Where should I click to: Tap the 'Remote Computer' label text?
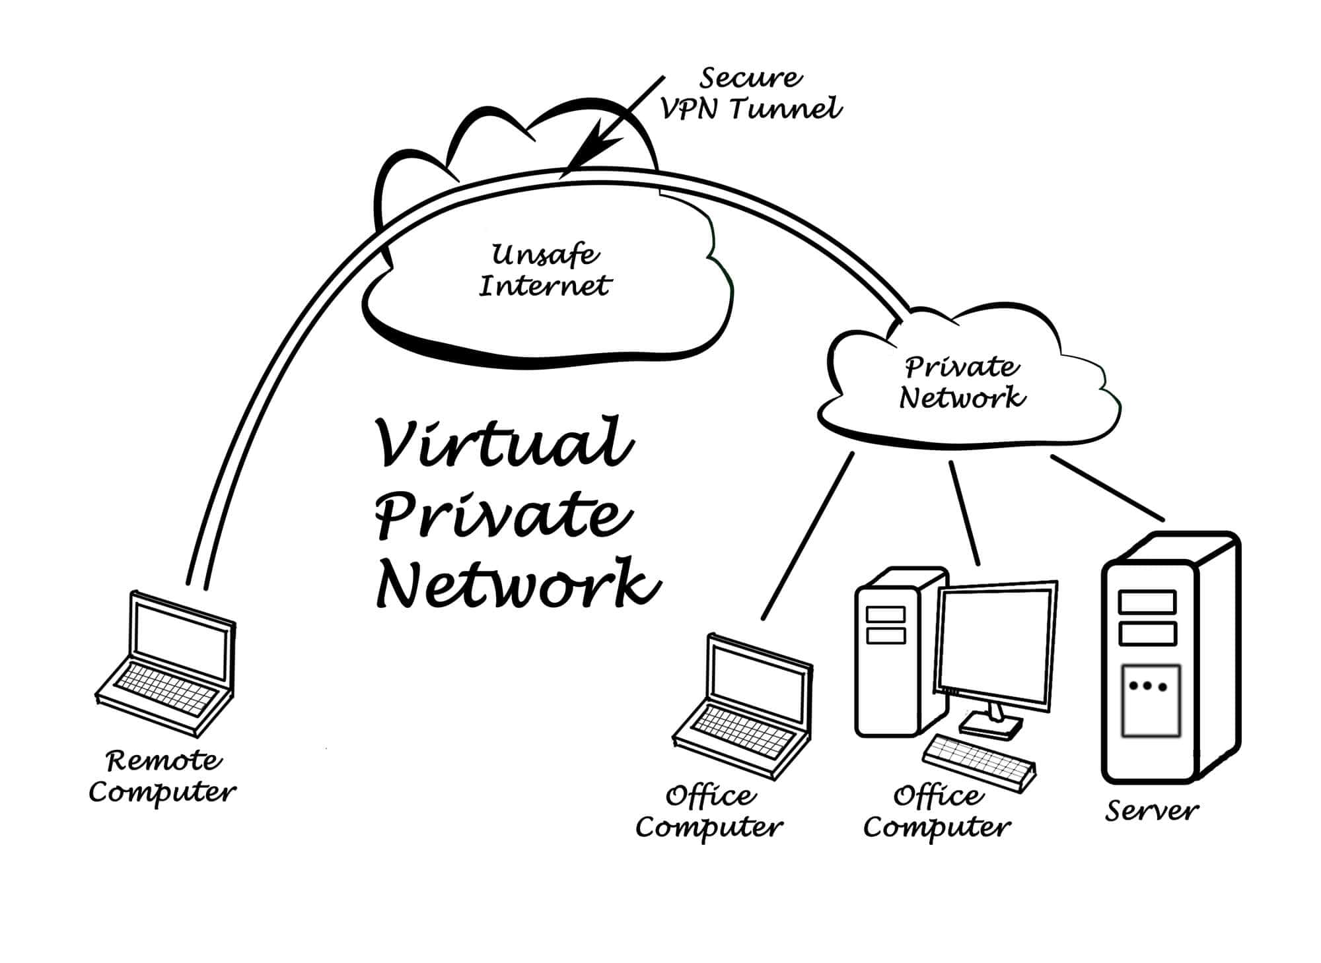coord(162,776)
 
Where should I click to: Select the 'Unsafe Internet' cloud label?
coord(545,271)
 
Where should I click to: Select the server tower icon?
coord(1169,660)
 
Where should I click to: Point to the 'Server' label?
coord(1151,811)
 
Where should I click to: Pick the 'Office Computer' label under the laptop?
coord(709,812)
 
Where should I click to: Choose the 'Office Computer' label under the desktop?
coord(937,812)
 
